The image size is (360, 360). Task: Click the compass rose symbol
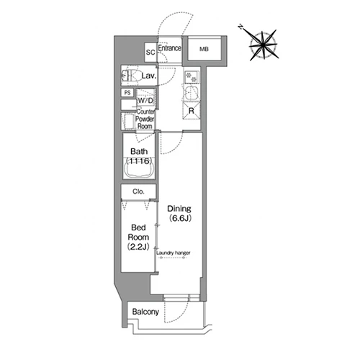tap(264, 45)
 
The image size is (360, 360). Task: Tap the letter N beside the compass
tap(240, 27)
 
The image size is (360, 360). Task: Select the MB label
tap(204, 49)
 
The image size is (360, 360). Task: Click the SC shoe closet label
tap(150, 52)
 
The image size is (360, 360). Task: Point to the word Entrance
tap(169, 48)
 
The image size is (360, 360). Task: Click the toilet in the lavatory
tap(131, 76)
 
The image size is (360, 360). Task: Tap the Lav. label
tap(149, 76)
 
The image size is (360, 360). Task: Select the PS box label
tap(127, 93)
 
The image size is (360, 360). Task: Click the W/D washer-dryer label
tap(145, 101)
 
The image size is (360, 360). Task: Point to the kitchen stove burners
tap(192, 76)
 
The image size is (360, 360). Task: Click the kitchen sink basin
tap(191, 93)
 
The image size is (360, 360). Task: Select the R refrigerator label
tap(192, 111)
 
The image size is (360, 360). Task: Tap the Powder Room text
tap(145, 122)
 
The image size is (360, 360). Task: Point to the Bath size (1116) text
tap(139, 161)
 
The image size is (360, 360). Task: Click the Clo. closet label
tap(138, 192)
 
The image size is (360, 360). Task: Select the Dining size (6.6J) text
tap(180, 218)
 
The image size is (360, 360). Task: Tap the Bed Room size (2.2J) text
tap(138, 246)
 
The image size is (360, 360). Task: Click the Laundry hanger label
tap(174, 253)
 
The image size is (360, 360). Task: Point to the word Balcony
tap(145, 312)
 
